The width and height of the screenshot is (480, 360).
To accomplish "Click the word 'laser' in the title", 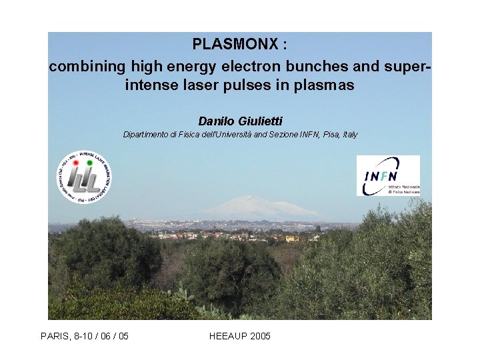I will point(207,86).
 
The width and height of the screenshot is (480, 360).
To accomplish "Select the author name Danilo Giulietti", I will point(240,121).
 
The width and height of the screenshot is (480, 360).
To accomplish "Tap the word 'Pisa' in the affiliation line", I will point(328,135).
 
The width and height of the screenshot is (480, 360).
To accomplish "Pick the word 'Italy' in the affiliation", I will point(350,135).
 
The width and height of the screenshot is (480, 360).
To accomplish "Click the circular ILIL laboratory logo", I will point(83,177).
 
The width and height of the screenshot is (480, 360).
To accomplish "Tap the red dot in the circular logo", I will point(76,162).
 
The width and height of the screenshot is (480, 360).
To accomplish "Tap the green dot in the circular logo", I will point(89,162).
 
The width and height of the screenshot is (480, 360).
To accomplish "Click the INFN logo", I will point(388,175).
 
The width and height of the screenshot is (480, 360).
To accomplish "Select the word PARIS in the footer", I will point(55,336).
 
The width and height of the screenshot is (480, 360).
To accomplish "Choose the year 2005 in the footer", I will point(260,336).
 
